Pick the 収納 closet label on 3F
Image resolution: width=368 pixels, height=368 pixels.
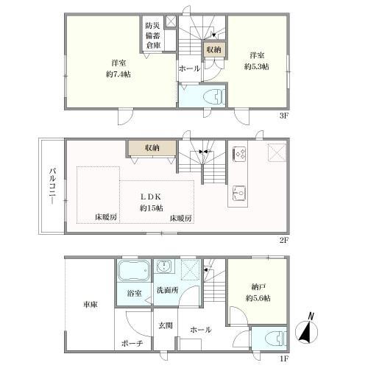(213, 50)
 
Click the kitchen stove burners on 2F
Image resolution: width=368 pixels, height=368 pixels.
(240, 154)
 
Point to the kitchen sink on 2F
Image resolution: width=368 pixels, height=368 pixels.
(239, 193)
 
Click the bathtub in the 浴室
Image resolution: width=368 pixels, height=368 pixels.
(133, 273)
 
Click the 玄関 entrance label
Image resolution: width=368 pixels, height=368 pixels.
(163, 325)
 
